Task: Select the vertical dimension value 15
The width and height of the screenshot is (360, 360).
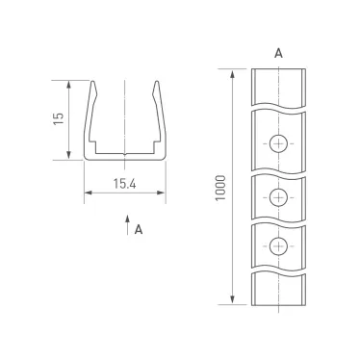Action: (59, 118)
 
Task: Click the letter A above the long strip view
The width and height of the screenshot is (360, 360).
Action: (278, 53)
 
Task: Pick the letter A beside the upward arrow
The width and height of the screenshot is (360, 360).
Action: (140, 229)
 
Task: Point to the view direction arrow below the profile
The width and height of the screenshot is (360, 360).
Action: (126, 226)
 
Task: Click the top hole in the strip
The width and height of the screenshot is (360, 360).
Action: (278, 144)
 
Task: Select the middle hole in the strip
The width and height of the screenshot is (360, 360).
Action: (278, 197)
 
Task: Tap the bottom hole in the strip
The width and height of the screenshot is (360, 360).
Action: (278, 244)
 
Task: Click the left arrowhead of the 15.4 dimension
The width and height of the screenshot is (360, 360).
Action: (88, 193)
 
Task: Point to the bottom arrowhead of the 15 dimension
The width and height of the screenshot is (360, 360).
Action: (69, 157)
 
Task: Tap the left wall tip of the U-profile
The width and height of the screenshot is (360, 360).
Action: (94, 84)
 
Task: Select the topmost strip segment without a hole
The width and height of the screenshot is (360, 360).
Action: (278, 88)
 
